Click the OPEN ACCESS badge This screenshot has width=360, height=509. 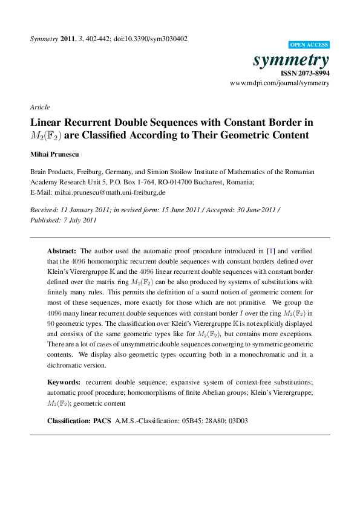[x=309, y=45]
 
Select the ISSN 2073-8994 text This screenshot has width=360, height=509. [x=304, y=73]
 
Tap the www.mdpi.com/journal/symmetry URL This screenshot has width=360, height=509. [x=280, y=83]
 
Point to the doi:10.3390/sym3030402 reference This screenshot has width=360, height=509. [x=155, y=39]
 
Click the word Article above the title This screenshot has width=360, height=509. [x=40, y=107]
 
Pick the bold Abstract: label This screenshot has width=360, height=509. [x=62, y=250]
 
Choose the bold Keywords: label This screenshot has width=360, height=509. [x=64, y=382]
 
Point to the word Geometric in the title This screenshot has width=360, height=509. [x=237, y=135]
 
